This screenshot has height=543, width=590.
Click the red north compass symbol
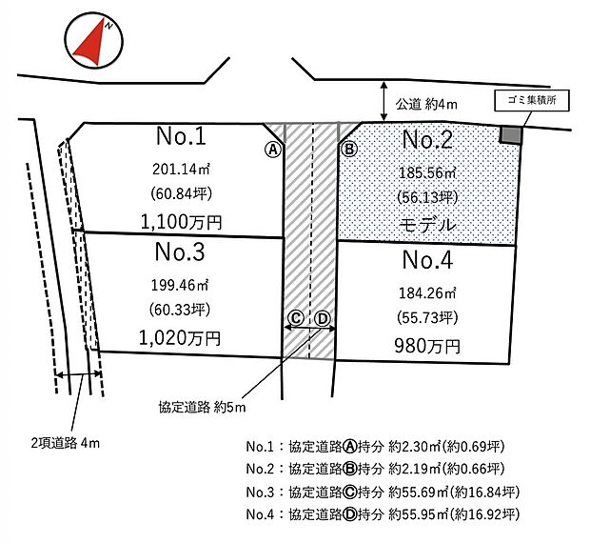coord(91,43)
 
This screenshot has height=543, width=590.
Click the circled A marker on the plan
coord(272,150)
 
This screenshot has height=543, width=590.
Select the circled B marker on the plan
coord(349,150)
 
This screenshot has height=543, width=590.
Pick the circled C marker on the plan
coord(296,318)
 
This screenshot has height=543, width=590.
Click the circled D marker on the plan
coord(323,318)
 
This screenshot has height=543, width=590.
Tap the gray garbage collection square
coord(512,135)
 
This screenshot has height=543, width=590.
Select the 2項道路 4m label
coord(65,443)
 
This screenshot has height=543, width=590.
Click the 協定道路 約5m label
coord(202,408)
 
